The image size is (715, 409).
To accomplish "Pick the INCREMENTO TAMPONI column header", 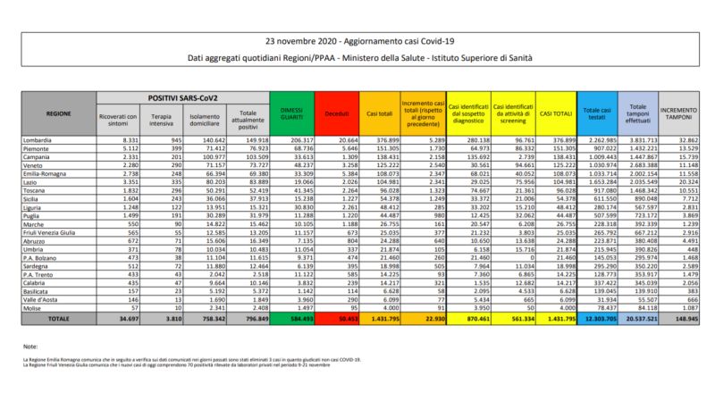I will (x=679, y=115).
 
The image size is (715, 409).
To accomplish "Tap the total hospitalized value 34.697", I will (x=122, y=317).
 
